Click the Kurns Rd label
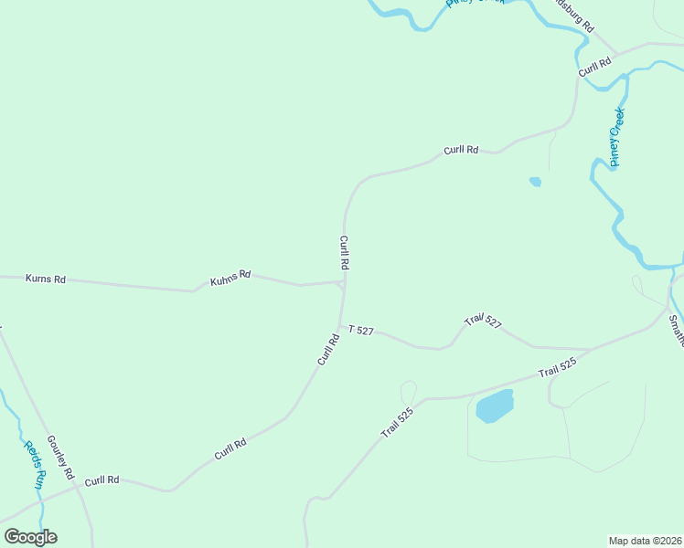pos(46,279)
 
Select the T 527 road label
pos(360,330)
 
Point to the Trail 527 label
pos(483,321)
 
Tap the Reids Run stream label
pos(34,464)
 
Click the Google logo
pos(30,537)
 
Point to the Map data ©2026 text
pos(646,540)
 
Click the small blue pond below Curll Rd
pos(535,182)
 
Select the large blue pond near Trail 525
pos(495,406)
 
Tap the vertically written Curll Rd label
pos(345,252)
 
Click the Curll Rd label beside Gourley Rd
pos(102,479)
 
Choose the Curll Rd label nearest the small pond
pos(461,150)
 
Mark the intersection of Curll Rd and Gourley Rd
pos(78,487)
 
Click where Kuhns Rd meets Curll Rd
pos(341,283)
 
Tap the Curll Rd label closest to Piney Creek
pos(593,68)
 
